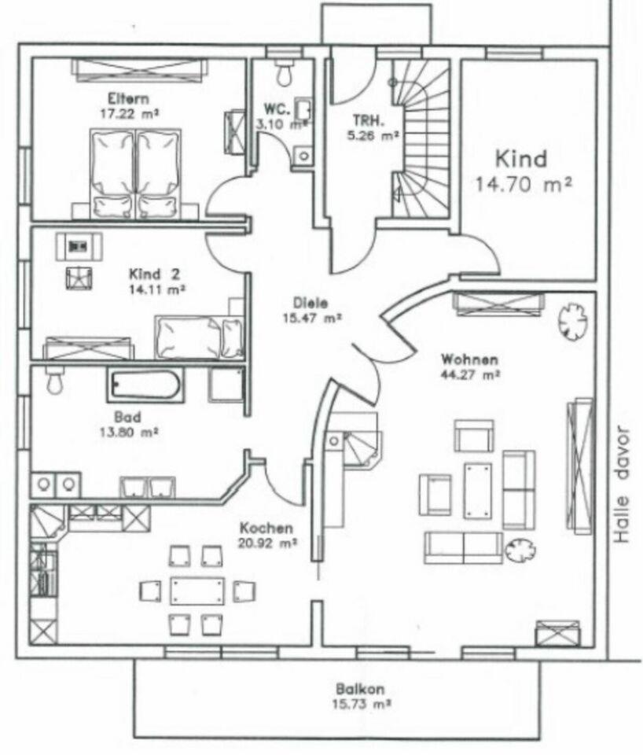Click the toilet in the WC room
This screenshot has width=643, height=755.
click(x=284, y=73)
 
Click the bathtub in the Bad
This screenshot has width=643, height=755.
click(x=145, y=385)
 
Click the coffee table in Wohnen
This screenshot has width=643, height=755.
click(x=477, y=490)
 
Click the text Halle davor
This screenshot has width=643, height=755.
click(x=624, y=485)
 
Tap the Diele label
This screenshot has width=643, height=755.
click(x=310, y=303)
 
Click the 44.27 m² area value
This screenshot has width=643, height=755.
click(x=470, y=375)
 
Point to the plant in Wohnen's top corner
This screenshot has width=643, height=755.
click(x=571, y=319)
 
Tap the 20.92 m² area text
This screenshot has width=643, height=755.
click(x=268, y=543)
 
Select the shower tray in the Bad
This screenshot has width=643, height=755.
click(x=227, y=385)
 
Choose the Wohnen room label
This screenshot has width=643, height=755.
click(x=470, y=360)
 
